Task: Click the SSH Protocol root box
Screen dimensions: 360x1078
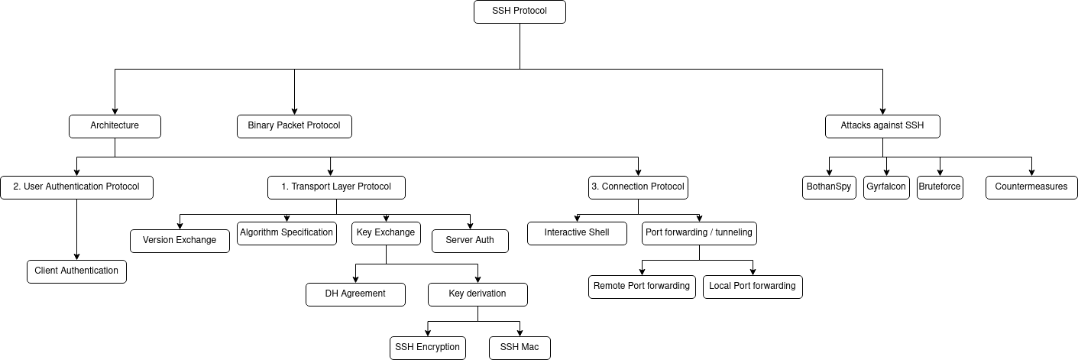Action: coord(520,11)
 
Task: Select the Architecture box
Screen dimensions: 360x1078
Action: coord(115,126)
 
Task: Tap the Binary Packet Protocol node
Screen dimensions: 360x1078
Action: coord(294,126)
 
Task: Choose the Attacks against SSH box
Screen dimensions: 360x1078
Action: coord(882,126)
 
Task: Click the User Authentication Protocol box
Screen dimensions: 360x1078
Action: coord(76,187)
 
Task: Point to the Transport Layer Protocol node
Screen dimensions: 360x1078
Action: coord(336,187)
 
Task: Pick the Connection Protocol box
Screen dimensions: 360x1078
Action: coord(638,187)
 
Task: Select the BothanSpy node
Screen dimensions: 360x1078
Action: coord(829,187)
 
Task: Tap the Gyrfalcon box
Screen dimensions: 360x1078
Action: coord(886,187)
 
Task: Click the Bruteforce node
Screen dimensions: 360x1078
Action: coord(940,187)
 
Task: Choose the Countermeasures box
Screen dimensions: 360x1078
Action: coord(1031,187)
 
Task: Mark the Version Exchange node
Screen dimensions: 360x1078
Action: coord(180,241)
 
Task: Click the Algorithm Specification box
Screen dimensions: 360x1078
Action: coord(286,233)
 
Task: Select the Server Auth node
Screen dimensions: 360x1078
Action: coord(470,241)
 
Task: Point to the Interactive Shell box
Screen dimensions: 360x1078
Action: coord(577,233)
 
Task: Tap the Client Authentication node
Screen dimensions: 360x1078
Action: coord(76,271)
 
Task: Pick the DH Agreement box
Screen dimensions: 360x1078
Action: coord(355,294)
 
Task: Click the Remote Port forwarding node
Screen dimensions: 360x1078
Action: coord(642,287)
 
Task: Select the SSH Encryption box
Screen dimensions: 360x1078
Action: coord(428,348)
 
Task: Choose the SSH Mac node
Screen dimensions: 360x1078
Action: coord(520,348)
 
